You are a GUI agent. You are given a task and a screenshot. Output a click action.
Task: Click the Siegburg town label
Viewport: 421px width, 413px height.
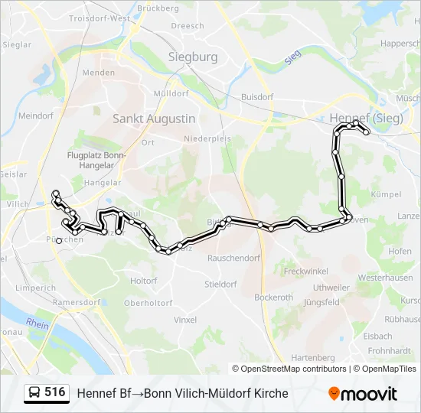[193, 57]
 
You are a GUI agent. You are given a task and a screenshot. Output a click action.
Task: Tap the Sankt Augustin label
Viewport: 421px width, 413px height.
[154, 119]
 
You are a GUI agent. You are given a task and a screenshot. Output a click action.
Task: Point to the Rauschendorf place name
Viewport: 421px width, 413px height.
[233, 258]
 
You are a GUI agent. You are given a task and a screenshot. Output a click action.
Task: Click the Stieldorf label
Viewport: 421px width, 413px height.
[220, 284]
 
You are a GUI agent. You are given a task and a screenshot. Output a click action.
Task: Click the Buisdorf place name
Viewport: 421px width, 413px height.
[257, 97]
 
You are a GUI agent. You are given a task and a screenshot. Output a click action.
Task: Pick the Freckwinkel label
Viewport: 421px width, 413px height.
[305, 272]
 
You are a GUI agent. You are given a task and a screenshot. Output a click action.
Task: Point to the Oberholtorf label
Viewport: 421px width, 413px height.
[148, 303]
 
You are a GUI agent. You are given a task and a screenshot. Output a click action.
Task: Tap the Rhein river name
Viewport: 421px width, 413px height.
[38, 324]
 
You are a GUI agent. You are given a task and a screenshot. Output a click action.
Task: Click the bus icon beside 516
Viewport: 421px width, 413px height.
[34, 393]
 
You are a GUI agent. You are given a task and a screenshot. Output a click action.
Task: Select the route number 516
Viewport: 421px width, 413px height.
[55, 392]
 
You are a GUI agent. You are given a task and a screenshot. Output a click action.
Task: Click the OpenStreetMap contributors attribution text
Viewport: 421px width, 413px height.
[294, 369]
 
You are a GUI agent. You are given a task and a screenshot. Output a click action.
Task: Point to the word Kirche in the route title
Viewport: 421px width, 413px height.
[271, 393]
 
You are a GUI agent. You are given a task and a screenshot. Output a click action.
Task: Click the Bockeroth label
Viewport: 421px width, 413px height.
[273, 297]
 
